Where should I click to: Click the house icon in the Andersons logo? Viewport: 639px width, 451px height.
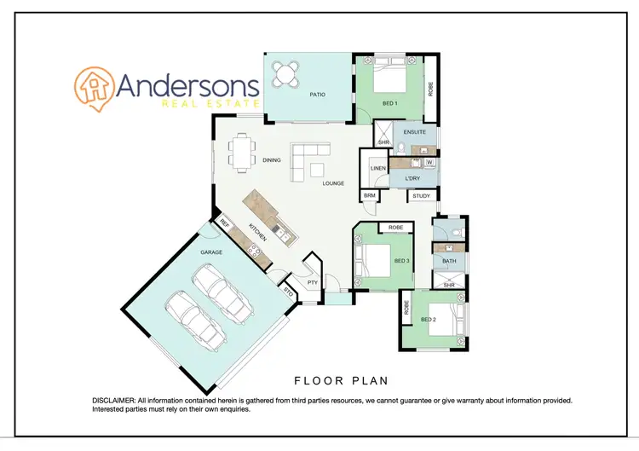(93, 87)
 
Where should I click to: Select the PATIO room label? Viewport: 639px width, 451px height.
(317, 95)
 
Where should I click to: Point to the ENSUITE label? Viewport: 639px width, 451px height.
(415, 133)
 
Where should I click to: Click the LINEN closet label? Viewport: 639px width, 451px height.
(377, 169)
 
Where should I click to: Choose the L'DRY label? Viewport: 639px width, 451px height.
(412, 178)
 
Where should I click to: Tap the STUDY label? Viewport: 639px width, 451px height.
(421, 196)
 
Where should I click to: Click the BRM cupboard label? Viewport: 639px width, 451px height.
(369, 195)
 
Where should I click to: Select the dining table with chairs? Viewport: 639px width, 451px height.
(242, 153)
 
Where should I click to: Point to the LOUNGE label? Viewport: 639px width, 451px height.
(332, 182)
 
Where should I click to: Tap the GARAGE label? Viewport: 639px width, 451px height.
(210, 253)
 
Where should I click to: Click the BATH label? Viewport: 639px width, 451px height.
(449, 262)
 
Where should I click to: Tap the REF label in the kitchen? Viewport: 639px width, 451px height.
(225, 223)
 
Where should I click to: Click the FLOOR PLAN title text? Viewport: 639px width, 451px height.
(341, 380)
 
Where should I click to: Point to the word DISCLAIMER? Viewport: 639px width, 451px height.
(112, 400)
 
